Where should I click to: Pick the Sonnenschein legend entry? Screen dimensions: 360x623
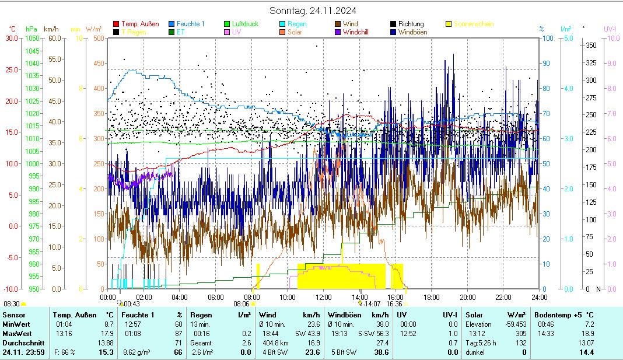[x=473, y=24]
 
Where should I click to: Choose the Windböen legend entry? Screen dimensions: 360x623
[x=416, y=32]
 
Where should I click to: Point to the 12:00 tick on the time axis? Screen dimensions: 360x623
[x=324, y=297]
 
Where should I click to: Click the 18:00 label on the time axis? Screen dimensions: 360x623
[x=432, y=297]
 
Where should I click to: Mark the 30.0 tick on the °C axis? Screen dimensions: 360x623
[x=11, y=39]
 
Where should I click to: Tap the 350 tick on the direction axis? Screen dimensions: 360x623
[x=591, y=45]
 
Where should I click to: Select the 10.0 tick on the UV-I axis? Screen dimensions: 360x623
[x=613, y=39]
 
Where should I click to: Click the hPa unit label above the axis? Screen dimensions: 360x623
[x=31, y=29]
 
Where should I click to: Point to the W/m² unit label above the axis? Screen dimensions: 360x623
[x=94, y=29]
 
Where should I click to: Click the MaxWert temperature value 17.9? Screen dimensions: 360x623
[x=108, y=333]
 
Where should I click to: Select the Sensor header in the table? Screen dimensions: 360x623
[x=13, y=315]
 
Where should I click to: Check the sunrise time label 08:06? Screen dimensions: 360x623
[x=242, y=303]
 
